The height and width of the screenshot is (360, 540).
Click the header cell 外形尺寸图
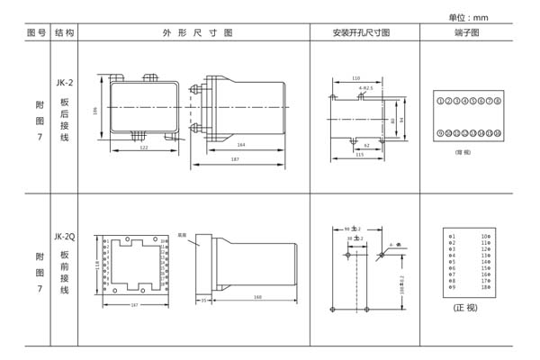pos(196,32)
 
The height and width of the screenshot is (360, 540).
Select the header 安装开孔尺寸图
pos(361,32)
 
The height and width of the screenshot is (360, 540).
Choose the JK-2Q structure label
pos(65,236)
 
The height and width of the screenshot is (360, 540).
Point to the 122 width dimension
pos(144,147)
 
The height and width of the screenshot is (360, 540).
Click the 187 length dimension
pos(235,159)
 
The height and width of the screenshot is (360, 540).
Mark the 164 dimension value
pos(241,145)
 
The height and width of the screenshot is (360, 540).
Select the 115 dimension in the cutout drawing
pos(359,154)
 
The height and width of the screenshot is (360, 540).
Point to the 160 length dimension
pos(257,297)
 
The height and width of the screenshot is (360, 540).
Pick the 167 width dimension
pos(135,306)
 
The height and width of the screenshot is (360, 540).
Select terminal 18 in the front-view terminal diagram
pos(485,287)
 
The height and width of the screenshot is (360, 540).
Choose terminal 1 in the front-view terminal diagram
pos(452,237)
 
